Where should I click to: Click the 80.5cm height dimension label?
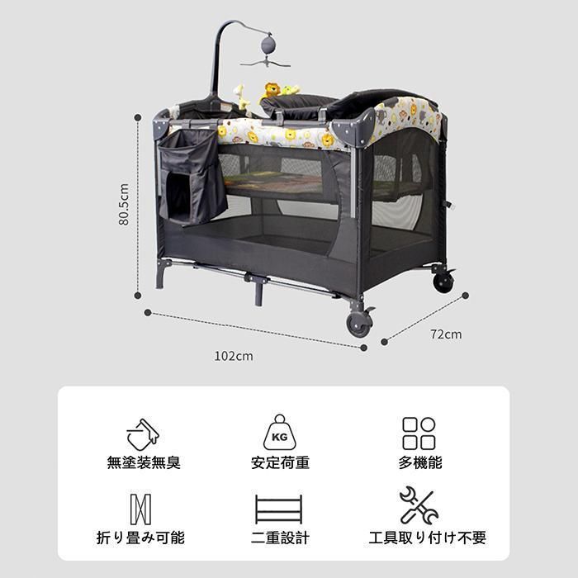click(124, 204)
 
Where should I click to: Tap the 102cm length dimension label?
click(234, 356)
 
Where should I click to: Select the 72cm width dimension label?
click(446, 334)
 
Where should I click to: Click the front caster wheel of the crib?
click(359, 324)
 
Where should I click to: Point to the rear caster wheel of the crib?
click(443, 282)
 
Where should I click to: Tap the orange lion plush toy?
click(271, 90)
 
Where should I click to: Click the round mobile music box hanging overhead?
click(268, 44)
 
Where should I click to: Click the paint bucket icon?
click(143, 434)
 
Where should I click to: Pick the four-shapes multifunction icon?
click(419, 433)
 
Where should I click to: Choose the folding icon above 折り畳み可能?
click(140, 509)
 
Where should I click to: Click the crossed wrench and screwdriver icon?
click(419, 505)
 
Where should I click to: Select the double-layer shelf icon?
click(279, 509)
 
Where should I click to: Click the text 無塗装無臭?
click(144, 462)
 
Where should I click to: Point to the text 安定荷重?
click(280, 462)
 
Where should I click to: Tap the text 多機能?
click(419, 462)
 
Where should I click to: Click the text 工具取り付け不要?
click(427, 538)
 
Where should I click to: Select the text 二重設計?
click(280, 538)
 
